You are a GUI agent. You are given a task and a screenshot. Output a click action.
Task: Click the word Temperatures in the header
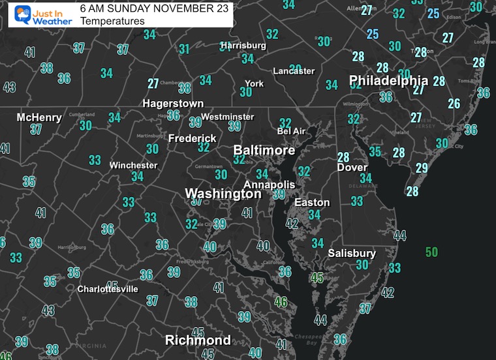(x=112, y=21)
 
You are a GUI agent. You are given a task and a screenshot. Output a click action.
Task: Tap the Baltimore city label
(x=264, y=151)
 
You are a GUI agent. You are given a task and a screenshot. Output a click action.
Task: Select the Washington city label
(x=223, y=194)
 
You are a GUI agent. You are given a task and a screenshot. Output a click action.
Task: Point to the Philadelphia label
(x=388, y=81)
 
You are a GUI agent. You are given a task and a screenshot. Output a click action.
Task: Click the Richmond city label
(x=198, y=340)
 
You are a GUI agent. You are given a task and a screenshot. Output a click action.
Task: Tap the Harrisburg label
(x=243, y=46)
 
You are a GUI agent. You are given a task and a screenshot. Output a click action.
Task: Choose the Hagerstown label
(x=174, y=104)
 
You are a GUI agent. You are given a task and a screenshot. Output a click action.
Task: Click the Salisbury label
(x=352, y=253)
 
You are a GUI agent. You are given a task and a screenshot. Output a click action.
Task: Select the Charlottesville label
(x=108, y=289)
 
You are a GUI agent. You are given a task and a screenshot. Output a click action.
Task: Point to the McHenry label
(x=39, y=117)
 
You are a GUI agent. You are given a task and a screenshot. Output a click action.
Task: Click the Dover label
(x=352, y=168)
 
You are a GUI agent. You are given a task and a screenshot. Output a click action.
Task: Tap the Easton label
(x=312, y=202)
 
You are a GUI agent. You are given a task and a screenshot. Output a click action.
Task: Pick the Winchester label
(x=133, y=165)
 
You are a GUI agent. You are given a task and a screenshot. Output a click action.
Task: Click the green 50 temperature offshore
(x=431, y=252)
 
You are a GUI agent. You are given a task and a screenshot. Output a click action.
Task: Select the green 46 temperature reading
(x=281, y=302)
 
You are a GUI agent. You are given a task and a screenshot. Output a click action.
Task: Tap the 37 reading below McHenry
(x=36, y=129)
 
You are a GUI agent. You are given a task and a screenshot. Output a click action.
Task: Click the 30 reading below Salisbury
(x=362, y=265)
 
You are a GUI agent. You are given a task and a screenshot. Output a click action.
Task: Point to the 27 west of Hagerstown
(x=153, y=83)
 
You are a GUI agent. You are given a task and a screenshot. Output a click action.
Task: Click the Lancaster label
(x=294, y=71)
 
